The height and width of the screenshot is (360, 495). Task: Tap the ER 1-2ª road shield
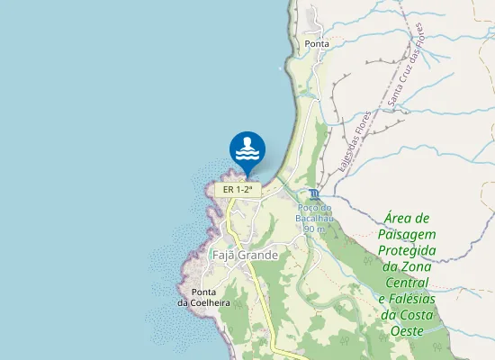(237, 190)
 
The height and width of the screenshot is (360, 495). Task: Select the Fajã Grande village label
(245, 256)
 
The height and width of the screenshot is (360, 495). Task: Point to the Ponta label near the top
(317, 43)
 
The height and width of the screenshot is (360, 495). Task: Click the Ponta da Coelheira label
(203, 298)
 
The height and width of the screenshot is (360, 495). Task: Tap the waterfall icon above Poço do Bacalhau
(313, 194)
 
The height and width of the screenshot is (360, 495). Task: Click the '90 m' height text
(314, 229)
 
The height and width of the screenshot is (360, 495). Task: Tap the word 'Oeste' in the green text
(408, 331)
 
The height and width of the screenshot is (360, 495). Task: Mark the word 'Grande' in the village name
(258, 256)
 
